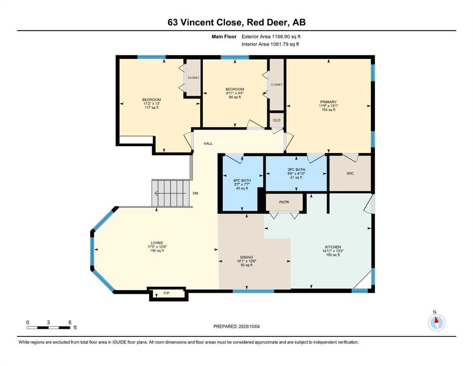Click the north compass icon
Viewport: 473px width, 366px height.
coord(436,322)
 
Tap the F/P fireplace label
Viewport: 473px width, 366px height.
coord(167,293)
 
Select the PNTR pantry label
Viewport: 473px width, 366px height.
coord(284,202)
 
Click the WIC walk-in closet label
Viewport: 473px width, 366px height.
coord(350,173)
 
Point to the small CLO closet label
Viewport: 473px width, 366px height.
coord(277,120)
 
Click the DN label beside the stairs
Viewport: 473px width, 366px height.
coord(195,193)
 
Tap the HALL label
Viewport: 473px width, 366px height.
coord(208,143)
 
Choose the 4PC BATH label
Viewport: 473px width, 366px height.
coord(242,181)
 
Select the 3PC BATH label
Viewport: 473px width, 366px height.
coord(296,170)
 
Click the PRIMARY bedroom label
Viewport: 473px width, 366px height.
coord(328,102)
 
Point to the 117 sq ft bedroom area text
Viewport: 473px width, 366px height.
coord(151,107)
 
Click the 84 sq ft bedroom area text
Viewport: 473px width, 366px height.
coord(235,97)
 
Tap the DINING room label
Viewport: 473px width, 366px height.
coord(247,257)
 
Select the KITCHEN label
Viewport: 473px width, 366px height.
coord(333,247)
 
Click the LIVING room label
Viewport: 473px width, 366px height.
coord(157,243)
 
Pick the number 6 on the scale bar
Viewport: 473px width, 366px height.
coord(70,322)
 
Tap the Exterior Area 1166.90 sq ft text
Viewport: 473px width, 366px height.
coord(271,37)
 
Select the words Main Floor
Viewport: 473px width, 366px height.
coord(224,37)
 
